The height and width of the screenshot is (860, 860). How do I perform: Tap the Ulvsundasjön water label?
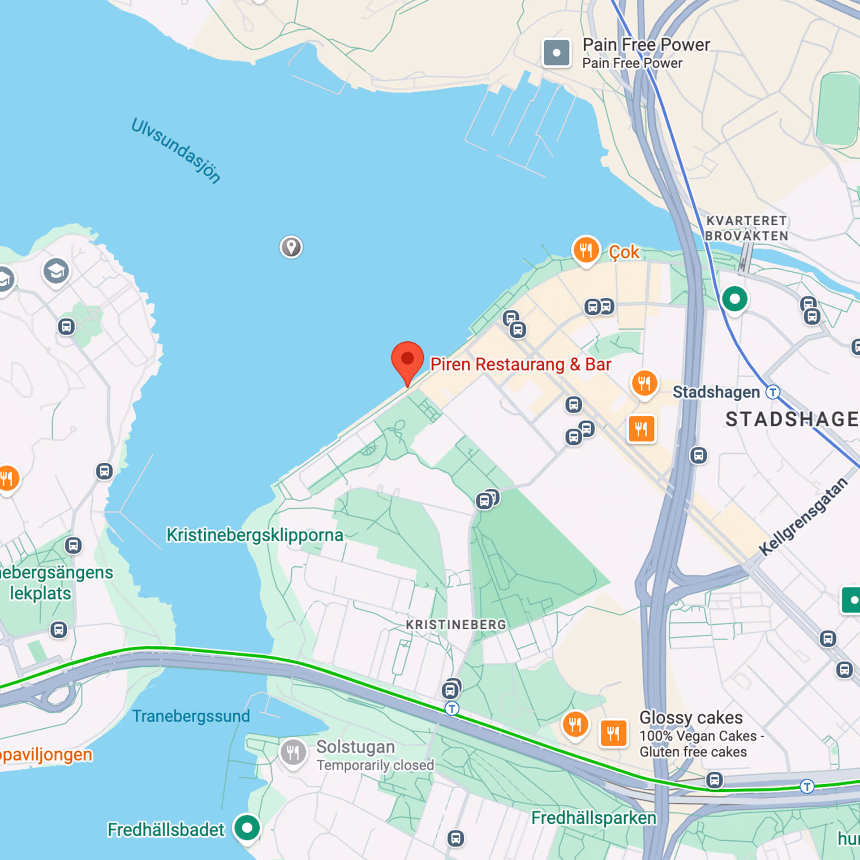(176, 151)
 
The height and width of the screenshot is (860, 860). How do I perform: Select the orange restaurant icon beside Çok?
(586, 249)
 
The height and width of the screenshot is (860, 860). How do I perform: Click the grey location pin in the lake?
(291, 247)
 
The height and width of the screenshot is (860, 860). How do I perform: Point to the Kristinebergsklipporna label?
(254, 535)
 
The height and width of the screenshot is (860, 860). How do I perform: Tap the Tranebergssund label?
(191, 716)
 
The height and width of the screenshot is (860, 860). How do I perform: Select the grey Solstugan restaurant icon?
(293, 752)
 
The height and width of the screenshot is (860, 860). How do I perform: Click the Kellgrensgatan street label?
(803, 516)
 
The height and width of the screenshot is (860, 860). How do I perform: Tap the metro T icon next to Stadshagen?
(773, 392)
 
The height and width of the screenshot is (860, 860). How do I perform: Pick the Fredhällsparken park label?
(593, 818)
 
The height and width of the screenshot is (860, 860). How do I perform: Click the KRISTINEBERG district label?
(456, 624)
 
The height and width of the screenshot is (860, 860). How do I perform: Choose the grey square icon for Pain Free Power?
(556, 53)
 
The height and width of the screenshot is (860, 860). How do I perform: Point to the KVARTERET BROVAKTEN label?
(746, 228)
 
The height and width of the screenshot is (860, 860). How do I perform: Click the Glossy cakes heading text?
(691, 718)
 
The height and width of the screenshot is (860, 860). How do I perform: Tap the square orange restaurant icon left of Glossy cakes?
(613, 733)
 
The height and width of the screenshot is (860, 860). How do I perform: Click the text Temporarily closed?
(375, 765)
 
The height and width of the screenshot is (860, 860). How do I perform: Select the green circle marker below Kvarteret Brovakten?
(735, 299)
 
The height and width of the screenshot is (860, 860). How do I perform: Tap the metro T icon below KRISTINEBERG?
(452, 709)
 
